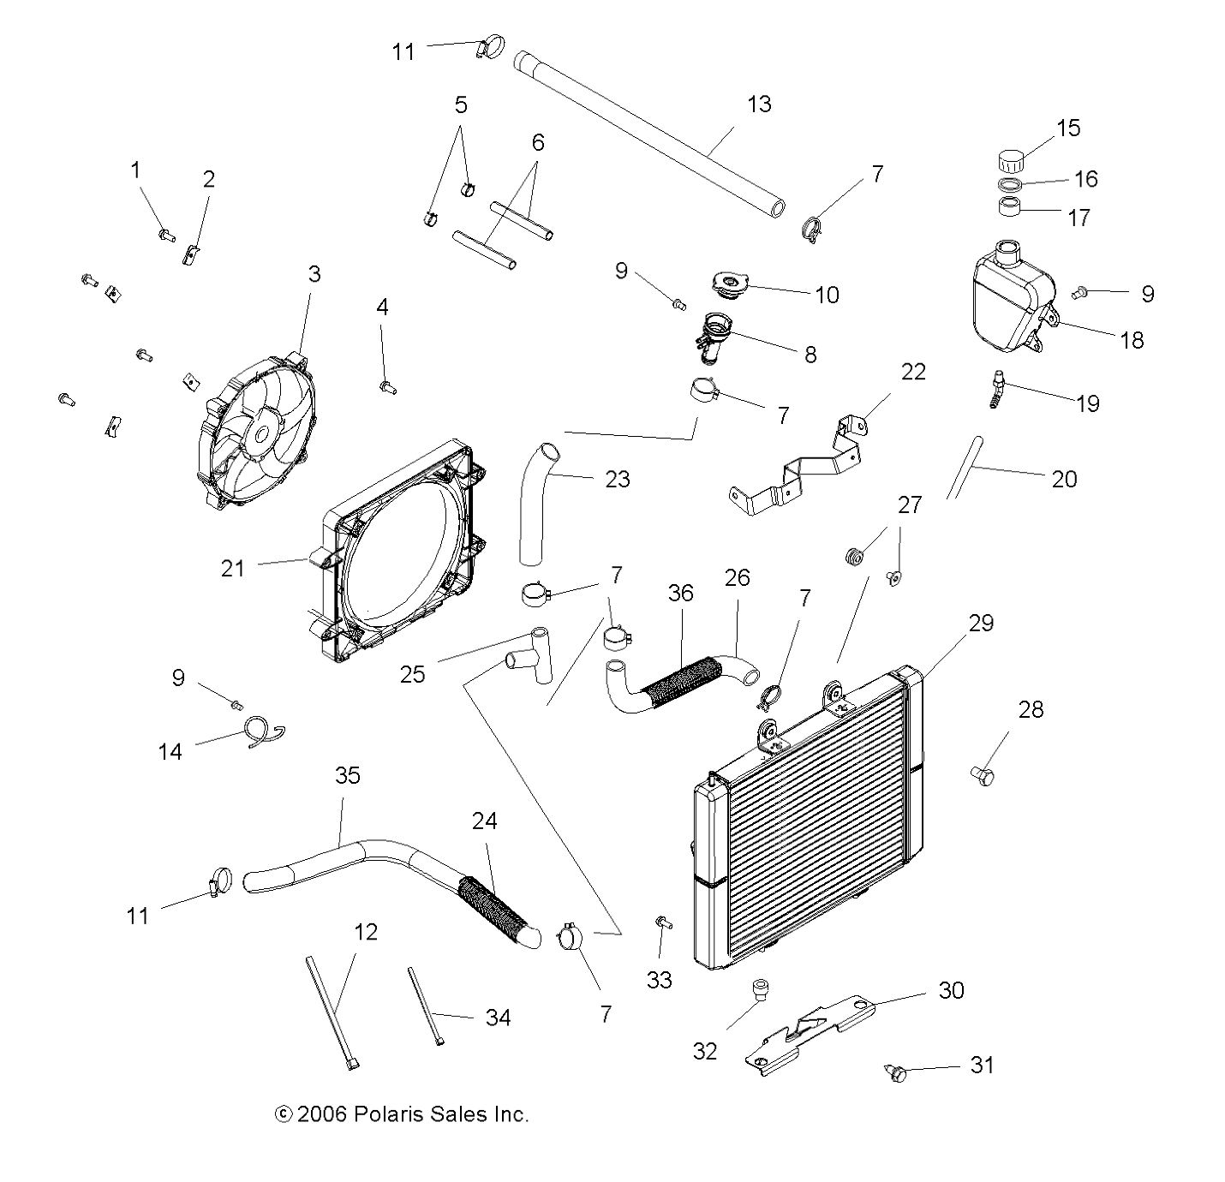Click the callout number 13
pos(759,104)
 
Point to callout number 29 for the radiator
pos(981,623)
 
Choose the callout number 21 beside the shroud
pos(233,568)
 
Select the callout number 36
pos(681,593)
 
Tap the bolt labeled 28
pos(983,775)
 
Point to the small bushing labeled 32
pos(759,990)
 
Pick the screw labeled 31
pos(894,1071)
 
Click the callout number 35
pos(348,775)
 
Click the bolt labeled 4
pos(387,387)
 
